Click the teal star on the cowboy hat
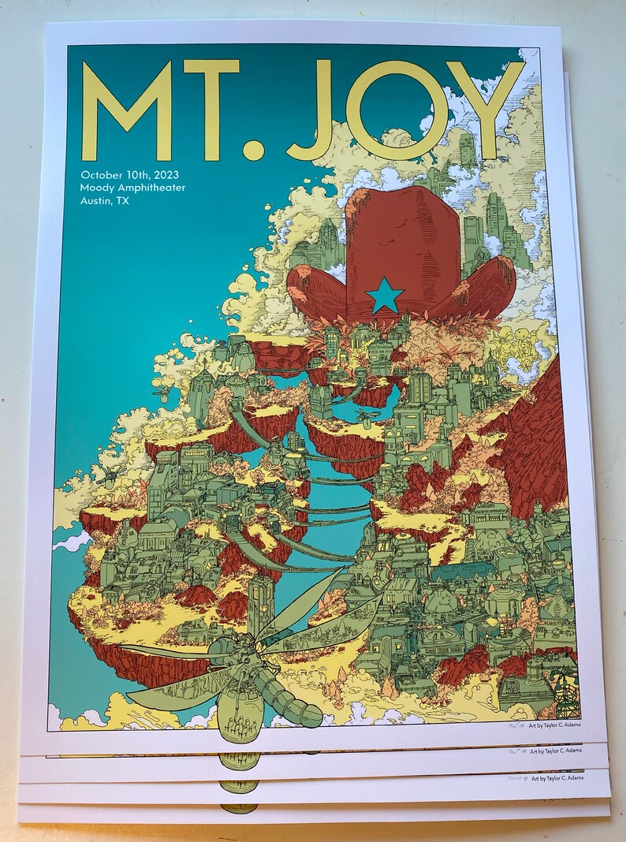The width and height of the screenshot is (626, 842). pyautogui.click(x=385, y=295)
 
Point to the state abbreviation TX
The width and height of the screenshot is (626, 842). pyautogui.click(x=121, y=201)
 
